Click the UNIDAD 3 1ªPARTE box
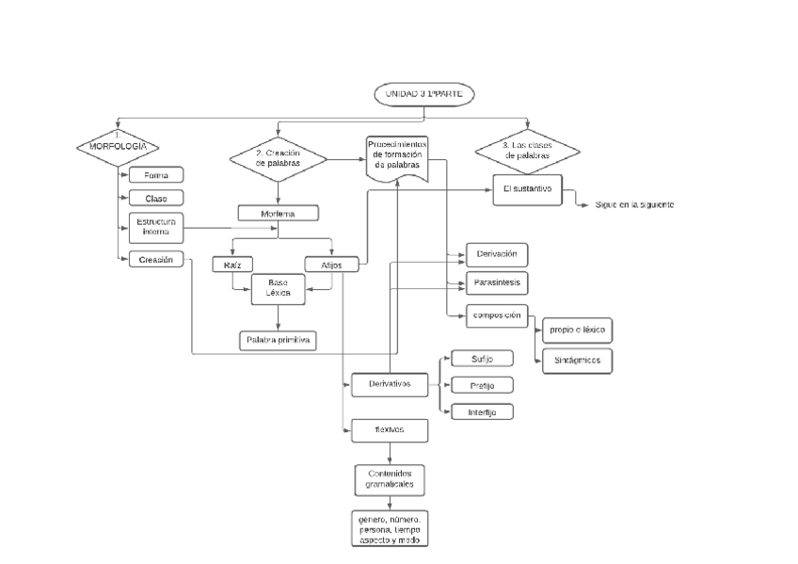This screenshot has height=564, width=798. point(425,94)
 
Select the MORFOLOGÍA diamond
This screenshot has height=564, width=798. point(118,146)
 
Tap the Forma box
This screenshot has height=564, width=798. point(155,176)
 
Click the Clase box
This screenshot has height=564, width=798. point(155,199)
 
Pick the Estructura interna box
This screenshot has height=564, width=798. point(155,227)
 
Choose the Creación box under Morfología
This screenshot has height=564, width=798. point(155,261)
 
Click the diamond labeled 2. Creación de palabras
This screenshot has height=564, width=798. point(278,158)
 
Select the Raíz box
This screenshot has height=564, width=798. point(232,266)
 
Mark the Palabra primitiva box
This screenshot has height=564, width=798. point(279,340)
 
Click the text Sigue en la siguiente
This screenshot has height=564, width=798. point(635,205)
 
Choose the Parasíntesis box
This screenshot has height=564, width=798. point(499,282)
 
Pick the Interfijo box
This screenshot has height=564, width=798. point(482,411)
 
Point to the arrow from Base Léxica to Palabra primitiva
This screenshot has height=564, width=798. point(279,318)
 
